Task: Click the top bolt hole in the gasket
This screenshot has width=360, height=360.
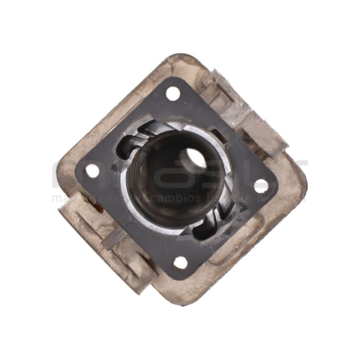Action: click(172, 93)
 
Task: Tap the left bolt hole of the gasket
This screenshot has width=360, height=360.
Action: click(92, 169)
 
